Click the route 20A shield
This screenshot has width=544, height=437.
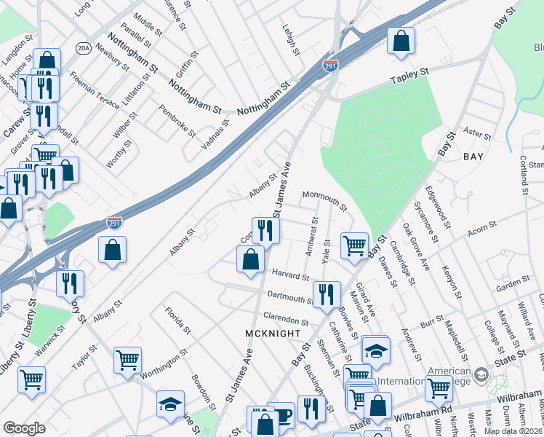pyautogui.click(x=83, y=48)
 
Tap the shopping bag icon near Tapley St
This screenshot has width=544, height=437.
pyautogui.click(x=401, y=42)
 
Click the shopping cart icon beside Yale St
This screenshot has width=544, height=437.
pyautogui.click(x=354, y=245)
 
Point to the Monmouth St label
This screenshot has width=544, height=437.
pyautogui.click(x=324, y=198)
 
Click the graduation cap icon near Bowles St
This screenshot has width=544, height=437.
pyautogui.click(x=375, y=351)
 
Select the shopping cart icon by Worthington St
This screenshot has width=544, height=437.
pyautogui.click(x=127, y=358)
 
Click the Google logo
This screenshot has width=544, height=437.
pyautogui.click(x=24, y=428)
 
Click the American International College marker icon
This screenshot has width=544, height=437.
pyautogui.click(x=481, y=374)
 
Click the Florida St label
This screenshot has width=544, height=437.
pyautogui.click(x=177, y=320)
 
